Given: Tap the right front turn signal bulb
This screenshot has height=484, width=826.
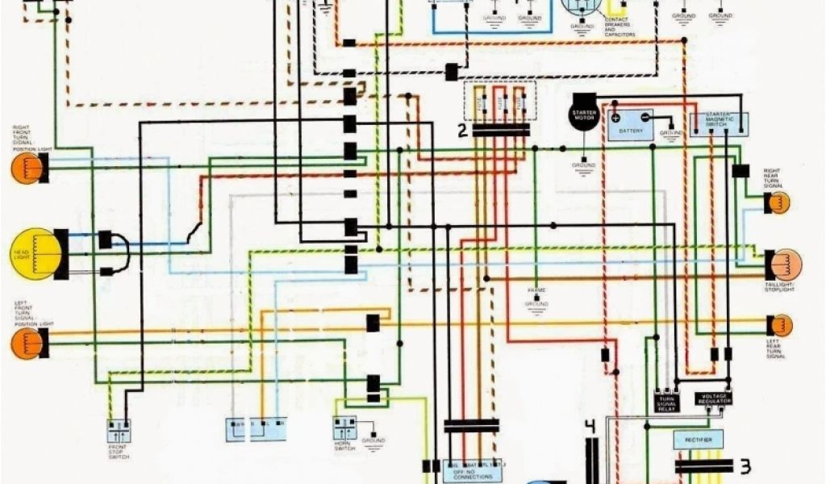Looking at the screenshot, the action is click(x=26, y=168).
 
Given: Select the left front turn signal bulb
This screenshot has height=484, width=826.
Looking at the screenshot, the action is click(x=26, y=344).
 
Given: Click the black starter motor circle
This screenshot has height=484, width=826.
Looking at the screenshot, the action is click(x=583, y=112).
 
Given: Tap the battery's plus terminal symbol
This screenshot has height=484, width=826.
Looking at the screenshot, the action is click(x=615, y=117).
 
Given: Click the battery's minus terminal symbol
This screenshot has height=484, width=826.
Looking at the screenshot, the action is click(x=645, y=117).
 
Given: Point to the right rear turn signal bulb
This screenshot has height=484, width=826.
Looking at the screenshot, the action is click(x=779, y=202).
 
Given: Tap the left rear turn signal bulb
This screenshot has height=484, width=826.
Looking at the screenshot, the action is click(x=780, y=325).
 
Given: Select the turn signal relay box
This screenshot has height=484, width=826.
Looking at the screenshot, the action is click(x=666, y=401).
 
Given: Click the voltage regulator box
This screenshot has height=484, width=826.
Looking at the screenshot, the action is click(x=714, y=398).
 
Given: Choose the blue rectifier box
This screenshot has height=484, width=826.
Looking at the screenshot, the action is click(x=698, y=440).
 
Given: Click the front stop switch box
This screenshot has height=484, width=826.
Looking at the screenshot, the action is click(x=119, y=430).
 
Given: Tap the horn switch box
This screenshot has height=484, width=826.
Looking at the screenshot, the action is click(x=344, y=428).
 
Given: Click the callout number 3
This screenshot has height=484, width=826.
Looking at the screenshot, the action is click(x=745, y=466).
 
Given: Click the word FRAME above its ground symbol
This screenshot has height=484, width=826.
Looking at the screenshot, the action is click(x=536, y=289).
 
